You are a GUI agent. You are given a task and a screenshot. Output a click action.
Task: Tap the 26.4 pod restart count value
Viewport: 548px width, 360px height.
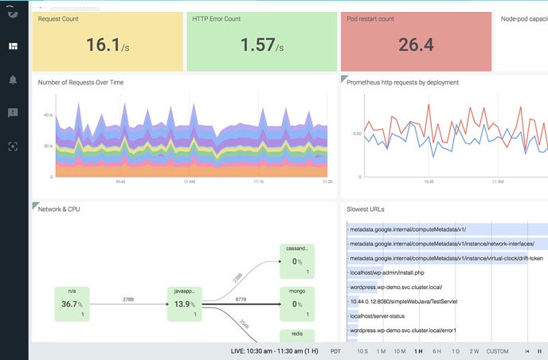pos(415,45)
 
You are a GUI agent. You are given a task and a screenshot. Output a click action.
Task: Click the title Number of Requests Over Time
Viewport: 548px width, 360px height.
pos(81,82)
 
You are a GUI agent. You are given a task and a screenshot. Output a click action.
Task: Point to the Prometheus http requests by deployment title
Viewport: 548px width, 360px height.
pos(402,82)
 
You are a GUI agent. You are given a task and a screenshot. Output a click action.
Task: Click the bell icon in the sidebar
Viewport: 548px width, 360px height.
pos(13,80)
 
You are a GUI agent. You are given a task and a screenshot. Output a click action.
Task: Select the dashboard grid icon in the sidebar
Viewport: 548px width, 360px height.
pos(13,46)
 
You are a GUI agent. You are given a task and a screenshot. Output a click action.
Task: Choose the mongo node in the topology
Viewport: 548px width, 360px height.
pos(297,303)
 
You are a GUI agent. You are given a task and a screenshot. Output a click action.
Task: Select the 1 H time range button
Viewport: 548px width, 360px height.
pos(418,350)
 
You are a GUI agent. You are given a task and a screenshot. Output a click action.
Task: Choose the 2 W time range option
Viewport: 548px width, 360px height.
pos(475,350)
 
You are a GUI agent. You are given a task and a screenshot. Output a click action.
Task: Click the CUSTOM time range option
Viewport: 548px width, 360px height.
pos(498,350)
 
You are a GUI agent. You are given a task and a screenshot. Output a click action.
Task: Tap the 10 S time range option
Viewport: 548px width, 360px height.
pos(362,350)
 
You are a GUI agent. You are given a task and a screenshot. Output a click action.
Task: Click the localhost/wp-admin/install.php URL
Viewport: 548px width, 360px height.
pos(386,272)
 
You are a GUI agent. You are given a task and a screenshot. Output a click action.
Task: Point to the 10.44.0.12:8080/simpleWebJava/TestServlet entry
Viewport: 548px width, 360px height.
pos(405,302)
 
